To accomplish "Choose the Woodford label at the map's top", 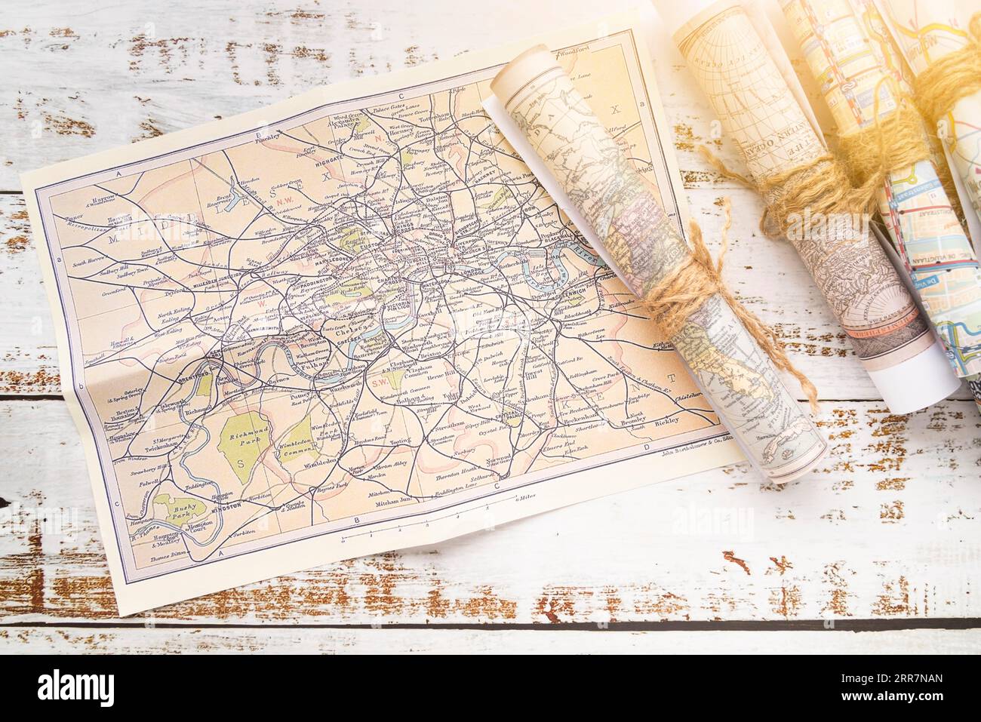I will click(x=570, y=54).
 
